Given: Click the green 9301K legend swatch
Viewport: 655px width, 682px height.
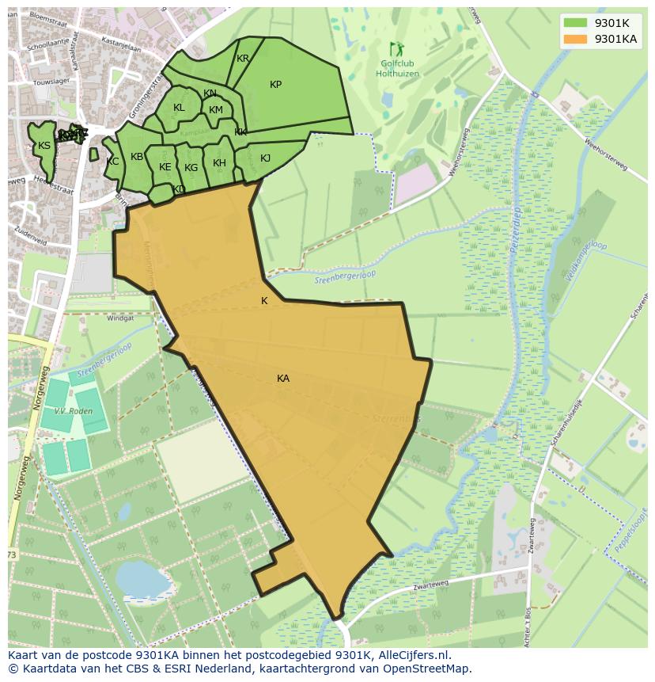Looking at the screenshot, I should tap(575, 23).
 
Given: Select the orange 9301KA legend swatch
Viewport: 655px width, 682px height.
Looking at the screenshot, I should tap(575, 39).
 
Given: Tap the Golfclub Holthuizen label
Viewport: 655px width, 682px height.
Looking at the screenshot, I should tap(397, 69).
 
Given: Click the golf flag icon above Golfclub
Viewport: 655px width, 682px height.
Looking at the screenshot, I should tap(396, 50).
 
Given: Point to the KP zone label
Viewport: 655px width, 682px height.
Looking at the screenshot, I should tap(275, 85).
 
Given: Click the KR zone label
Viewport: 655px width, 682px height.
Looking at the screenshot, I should tap(243, 59).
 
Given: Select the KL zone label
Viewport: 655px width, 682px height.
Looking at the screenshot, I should tap(179, 108).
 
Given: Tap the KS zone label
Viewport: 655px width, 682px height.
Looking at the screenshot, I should tap(44, 146).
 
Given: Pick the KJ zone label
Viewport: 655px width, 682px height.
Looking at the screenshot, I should tap(265, 158).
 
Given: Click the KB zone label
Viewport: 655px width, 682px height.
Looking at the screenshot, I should tap(137, 157).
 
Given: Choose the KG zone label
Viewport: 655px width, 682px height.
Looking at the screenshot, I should tap(191, 168).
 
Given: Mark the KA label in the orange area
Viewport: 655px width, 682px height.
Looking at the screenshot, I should tap(283, 379).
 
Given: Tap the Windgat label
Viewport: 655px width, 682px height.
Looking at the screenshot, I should tap(120, 318).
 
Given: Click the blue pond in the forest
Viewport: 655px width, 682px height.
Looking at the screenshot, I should tap(142, 580).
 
